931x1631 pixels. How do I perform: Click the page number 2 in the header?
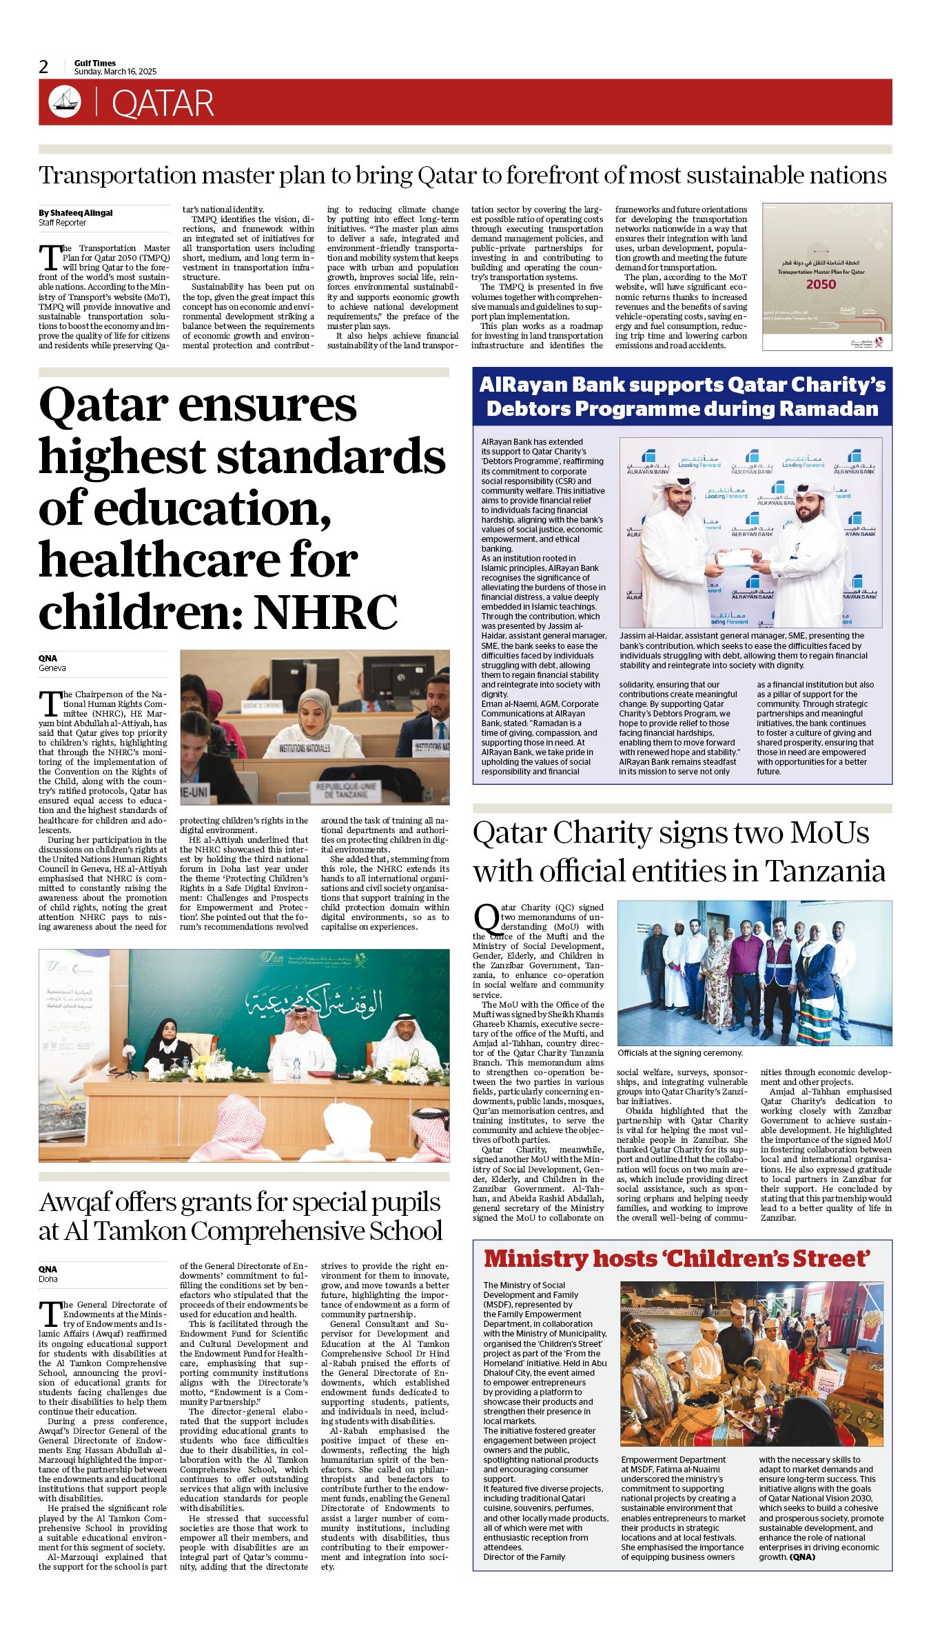point(44,67)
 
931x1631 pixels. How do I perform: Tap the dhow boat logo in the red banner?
point(65,102)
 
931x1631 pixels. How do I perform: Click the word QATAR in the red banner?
point(163,103)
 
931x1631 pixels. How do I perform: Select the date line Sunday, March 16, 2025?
point(115,72)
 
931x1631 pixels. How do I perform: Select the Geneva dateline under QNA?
point(52,668)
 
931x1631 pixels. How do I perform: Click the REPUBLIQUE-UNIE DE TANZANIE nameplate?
point(346,790)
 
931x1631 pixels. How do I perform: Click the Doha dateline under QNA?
point(48,1279)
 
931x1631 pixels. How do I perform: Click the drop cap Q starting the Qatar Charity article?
point(487,918)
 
